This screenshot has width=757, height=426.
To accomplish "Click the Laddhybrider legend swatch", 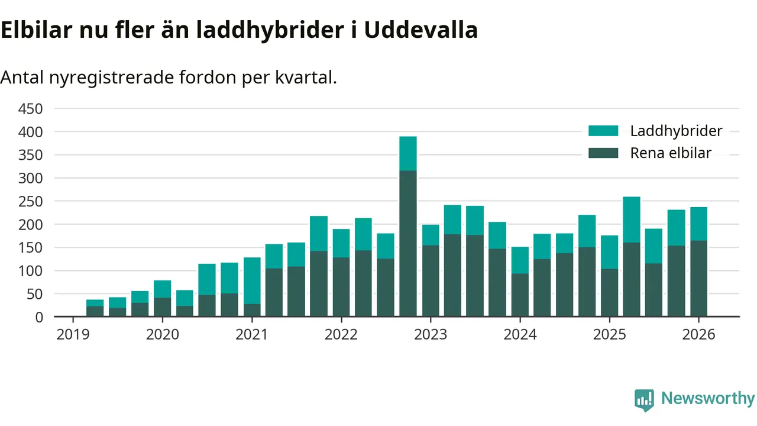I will [603, 131].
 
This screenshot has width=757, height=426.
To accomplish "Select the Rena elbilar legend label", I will [670, 153].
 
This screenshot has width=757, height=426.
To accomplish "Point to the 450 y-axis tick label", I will [31, 109].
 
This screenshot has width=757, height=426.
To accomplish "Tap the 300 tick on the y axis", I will [31, 178].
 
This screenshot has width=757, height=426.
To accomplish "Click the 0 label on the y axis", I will [39, 317].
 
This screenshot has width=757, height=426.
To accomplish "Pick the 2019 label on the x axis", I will [73, 335].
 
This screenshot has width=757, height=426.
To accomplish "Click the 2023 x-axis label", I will [430, 335].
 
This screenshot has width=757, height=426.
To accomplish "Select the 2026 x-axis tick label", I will [698, 335].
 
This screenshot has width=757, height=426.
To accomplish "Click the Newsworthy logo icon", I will [644, 399].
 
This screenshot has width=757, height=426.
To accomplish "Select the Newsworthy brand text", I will [707, 399].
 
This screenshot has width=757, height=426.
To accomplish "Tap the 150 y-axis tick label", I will [31, 248].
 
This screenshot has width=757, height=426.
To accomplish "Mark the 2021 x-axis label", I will [251, 335].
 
